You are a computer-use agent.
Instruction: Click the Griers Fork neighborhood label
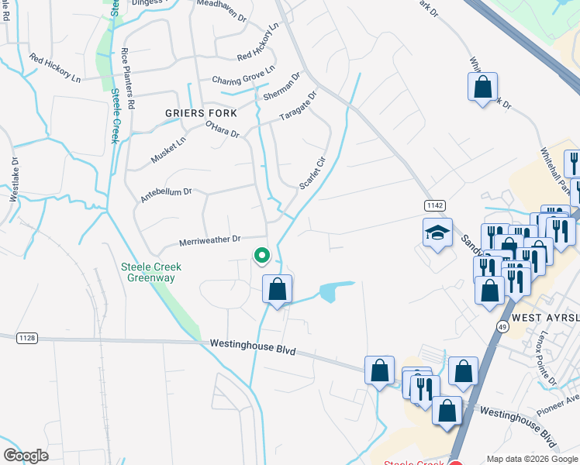[x=201, y=113]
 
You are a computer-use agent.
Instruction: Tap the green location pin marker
[x=262, y=255]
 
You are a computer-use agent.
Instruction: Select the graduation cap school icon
[x=437, y=232]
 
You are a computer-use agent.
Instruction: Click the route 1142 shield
[x=434, y=205]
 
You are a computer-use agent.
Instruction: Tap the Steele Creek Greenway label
[x=150, y=272]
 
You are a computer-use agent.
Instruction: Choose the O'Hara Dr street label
[x=223, y=129]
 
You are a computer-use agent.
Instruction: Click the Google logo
[x=26, y=455]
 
